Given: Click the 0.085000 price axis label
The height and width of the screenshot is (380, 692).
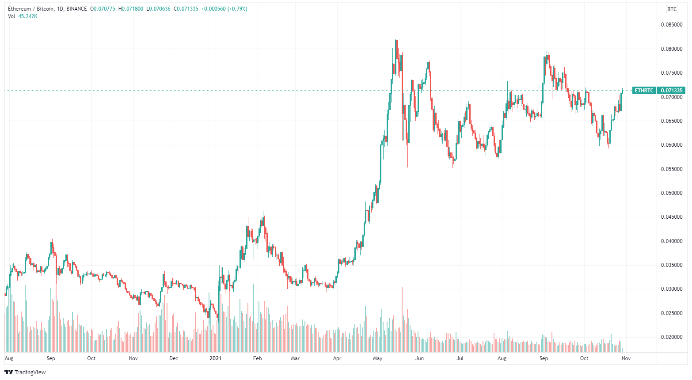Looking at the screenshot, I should [672, 25].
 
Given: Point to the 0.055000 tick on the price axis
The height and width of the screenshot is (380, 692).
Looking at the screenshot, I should [672, 169].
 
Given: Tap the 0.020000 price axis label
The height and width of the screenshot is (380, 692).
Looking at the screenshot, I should [672, 337].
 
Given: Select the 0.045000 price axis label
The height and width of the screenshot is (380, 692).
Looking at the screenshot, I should [672, 217].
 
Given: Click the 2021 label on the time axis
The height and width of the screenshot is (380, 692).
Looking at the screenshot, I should [215, 358].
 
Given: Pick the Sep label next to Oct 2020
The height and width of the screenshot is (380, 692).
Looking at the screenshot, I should [51, 358].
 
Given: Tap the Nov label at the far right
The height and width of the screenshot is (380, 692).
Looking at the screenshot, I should [626, 358].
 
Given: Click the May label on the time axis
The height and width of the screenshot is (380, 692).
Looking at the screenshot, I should [377, 358].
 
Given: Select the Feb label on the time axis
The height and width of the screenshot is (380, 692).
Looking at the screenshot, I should [257, 358].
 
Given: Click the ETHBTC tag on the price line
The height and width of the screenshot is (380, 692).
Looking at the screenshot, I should [644, 91].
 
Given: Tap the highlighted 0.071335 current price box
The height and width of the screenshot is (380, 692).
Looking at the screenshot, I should [672, 91].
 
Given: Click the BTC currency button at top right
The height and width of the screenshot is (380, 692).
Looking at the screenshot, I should [672, 9].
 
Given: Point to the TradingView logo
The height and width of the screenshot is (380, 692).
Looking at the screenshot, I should [25, 372].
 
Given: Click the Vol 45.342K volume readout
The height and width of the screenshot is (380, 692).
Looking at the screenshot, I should [23, 16].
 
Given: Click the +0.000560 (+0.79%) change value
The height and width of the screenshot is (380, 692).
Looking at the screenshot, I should [224, 9].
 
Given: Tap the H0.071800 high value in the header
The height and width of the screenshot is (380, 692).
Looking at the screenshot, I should [131, 9].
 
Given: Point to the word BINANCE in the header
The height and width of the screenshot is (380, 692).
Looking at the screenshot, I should [76, 9].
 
